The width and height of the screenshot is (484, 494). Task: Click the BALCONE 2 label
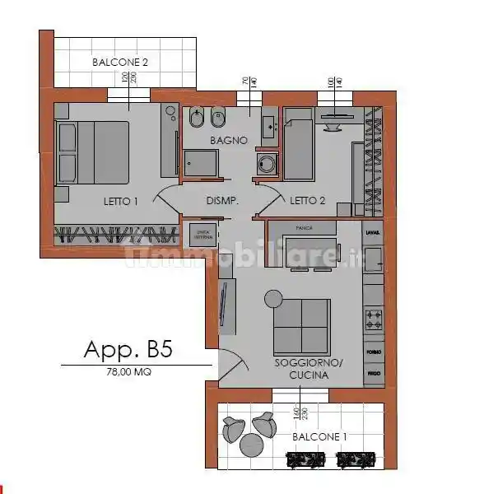coord(120,61)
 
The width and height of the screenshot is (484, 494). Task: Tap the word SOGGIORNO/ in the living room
coord(309,362)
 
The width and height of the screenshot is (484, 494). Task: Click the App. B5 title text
coord(128,349)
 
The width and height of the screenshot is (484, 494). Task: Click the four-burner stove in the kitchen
coord(374,316)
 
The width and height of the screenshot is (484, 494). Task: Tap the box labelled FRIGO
coord(374,374)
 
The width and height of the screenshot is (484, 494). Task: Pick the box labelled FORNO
coord(374,352)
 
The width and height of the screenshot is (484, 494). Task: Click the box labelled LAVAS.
coord(374,234)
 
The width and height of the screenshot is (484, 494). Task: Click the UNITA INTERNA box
coord(202,234)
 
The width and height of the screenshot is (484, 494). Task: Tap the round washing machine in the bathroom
coord(265,163)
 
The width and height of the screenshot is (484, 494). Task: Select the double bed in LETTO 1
coord(92,153)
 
